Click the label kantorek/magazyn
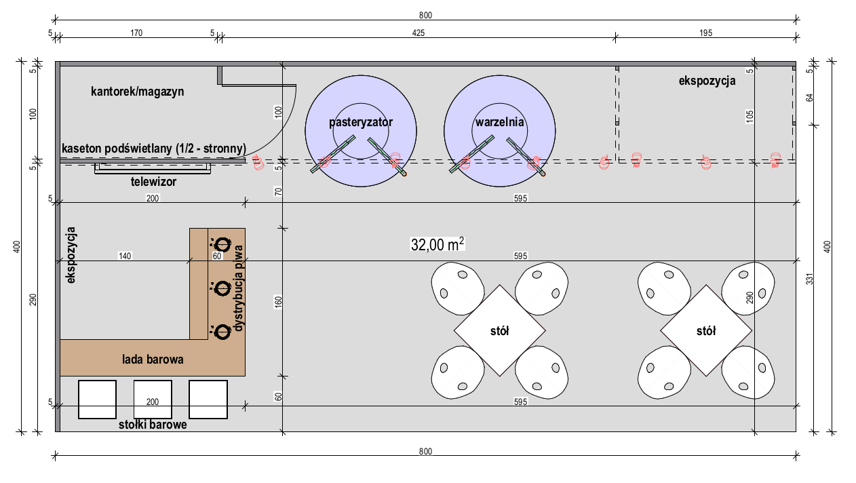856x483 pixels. pos(138,92)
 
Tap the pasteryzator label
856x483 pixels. pos(361,122)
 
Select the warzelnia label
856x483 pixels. pos(499,122)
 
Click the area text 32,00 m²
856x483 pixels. pos(437,244)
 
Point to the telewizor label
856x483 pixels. pos(153,182)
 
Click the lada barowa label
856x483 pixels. pos(153,360)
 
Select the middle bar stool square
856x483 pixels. pos(153,400)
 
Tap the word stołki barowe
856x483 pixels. pos(153,425)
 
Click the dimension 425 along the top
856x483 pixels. pos(419,33)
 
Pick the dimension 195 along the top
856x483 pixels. pos(706,33)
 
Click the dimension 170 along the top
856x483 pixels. pos(136,33)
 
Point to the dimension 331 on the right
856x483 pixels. pos(810,279)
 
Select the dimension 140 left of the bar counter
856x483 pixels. pos(125,256)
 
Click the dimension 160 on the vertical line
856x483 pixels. pos(278,301)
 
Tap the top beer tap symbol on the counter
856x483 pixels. pos(221,245)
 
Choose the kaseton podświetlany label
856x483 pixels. pos(154,149)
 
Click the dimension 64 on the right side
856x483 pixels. pos(810,98)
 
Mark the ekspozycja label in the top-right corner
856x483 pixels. pos(707,81)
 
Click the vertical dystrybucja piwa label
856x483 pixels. pos(238,288)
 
